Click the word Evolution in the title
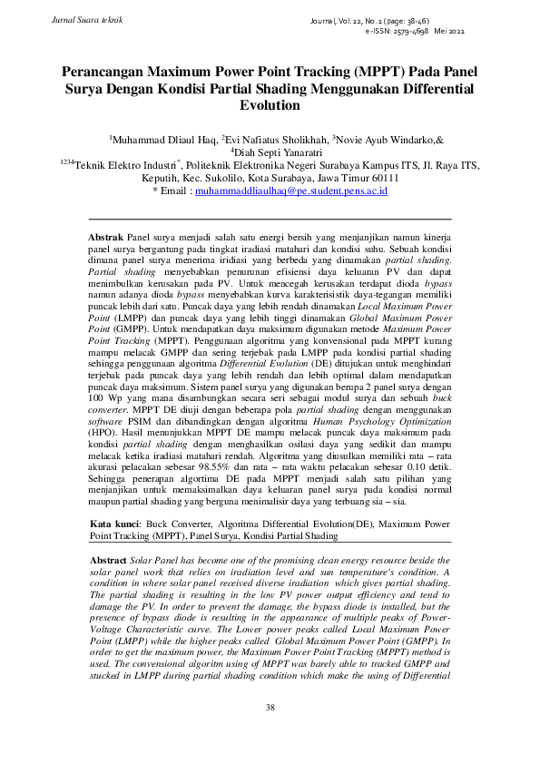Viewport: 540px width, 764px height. [x=270, y=105]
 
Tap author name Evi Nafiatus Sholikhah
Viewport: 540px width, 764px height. [x=276, y=141]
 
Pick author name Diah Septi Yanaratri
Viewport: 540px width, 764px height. [x=271, y=153]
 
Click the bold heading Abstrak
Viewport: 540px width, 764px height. [x=108, y=234]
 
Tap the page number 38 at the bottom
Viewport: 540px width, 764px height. [x=269, y=707]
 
